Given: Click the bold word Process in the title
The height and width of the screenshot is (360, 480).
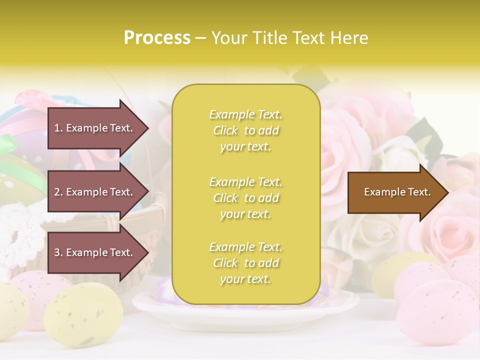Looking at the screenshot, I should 157,38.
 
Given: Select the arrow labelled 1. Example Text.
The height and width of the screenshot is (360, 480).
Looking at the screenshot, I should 95,128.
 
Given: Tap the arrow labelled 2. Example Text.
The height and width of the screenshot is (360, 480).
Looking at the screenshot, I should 95,192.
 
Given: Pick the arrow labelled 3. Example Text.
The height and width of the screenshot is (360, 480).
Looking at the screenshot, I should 95,252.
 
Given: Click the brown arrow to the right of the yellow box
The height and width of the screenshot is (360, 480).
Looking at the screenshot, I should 395,192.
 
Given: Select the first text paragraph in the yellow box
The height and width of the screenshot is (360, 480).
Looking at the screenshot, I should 246,130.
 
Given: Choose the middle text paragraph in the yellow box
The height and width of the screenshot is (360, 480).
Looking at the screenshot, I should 246,197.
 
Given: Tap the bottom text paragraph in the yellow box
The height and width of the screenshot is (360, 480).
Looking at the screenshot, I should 246,263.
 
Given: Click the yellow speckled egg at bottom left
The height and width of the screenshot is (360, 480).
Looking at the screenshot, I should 82,312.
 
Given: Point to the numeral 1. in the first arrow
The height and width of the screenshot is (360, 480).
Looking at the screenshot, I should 58,128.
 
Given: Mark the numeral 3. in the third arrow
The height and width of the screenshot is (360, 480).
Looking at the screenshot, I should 58,252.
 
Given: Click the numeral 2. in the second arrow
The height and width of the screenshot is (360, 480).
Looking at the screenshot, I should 58,192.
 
